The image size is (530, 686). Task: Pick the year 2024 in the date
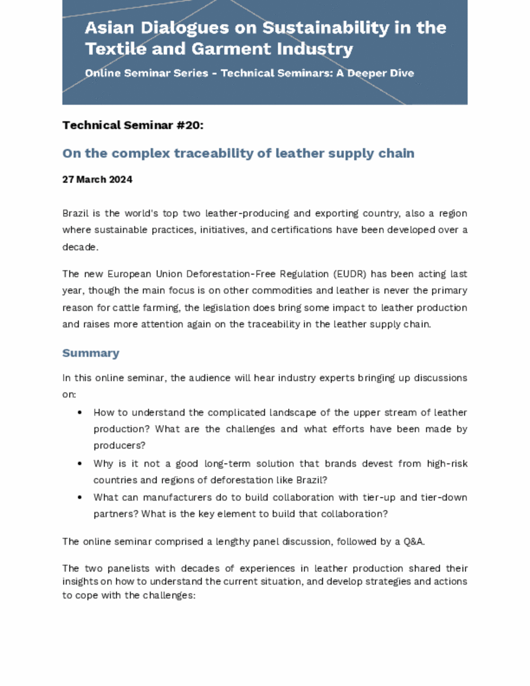coord(120,179)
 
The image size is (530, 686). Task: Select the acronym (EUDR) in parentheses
coord(350,274)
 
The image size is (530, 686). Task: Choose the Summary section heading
coord(91,353)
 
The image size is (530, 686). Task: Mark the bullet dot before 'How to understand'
coord(79,412)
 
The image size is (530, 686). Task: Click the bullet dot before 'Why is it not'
coord(79,463)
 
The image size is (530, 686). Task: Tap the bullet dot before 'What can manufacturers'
coord(79,497)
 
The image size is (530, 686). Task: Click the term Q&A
coord(413,541)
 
